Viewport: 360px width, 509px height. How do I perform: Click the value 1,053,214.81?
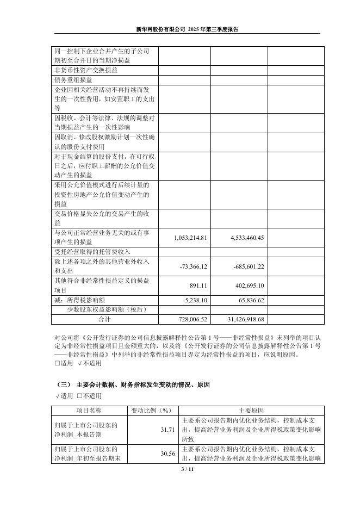pos(189,238)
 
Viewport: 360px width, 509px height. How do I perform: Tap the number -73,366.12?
pos(193,266)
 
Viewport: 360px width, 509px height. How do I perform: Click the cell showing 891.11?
pos(199,285)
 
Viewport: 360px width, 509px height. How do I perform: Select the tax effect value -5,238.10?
pos(195,300)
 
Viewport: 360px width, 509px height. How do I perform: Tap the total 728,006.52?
pos(193,319)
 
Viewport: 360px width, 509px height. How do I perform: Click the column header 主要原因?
pos(251,410)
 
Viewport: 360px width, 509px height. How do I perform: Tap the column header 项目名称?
pos(88,410)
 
